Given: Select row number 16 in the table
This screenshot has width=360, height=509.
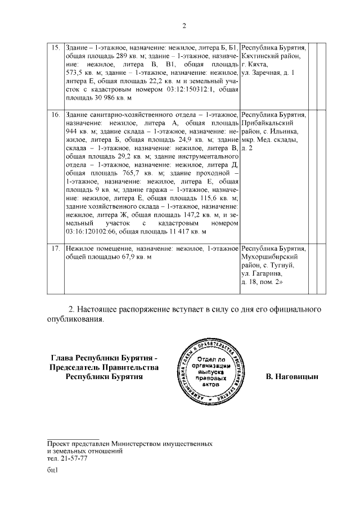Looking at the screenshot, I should point(56,115).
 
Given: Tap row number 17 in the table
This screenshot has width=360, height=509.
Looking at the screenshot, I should point(56,248).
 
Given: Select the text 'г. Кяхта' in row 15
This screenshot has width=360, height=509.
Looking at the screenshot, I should point(255,65).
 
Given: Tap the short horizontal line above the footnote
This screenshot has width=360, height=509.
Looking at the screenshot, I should point(73,438).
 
